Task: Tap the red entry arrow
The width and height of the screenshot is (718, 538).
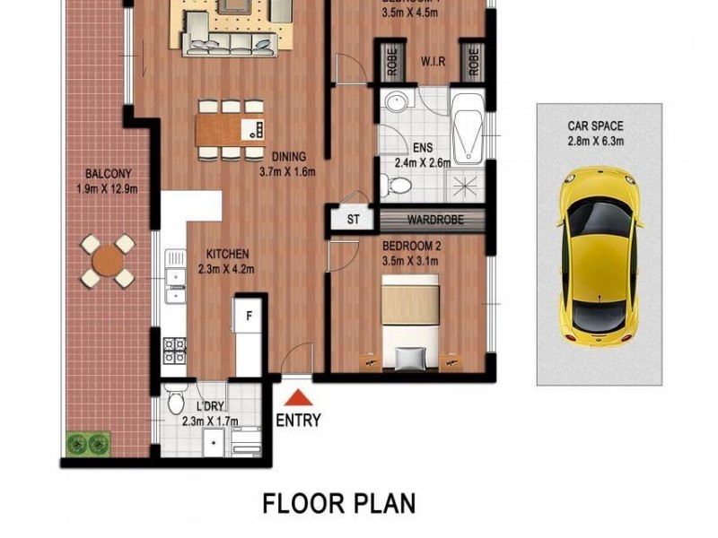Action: point(298,397)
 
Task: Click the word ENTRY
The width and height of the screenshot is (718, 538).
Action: point(298,420)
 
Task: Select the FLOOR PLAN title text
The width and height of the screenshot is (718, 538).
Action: point(339,502)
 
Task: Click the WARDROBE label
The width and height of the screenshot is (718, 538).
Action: point(433,220)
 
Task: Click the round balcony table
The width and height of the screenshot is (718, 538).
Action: point(107,261)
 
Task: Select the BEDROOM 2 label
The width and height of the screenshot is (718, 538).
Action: point(412,246)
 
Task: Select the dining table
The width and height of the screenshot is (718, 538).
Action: point(231,129)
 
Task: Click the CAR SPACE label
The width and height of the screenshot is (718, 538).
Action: point(594,126)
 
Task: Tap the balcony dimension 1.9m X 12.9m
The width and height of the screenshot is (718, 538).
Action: point(107,181)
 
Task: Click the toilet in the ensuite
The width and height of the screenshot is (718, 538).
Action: point(396,186)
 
